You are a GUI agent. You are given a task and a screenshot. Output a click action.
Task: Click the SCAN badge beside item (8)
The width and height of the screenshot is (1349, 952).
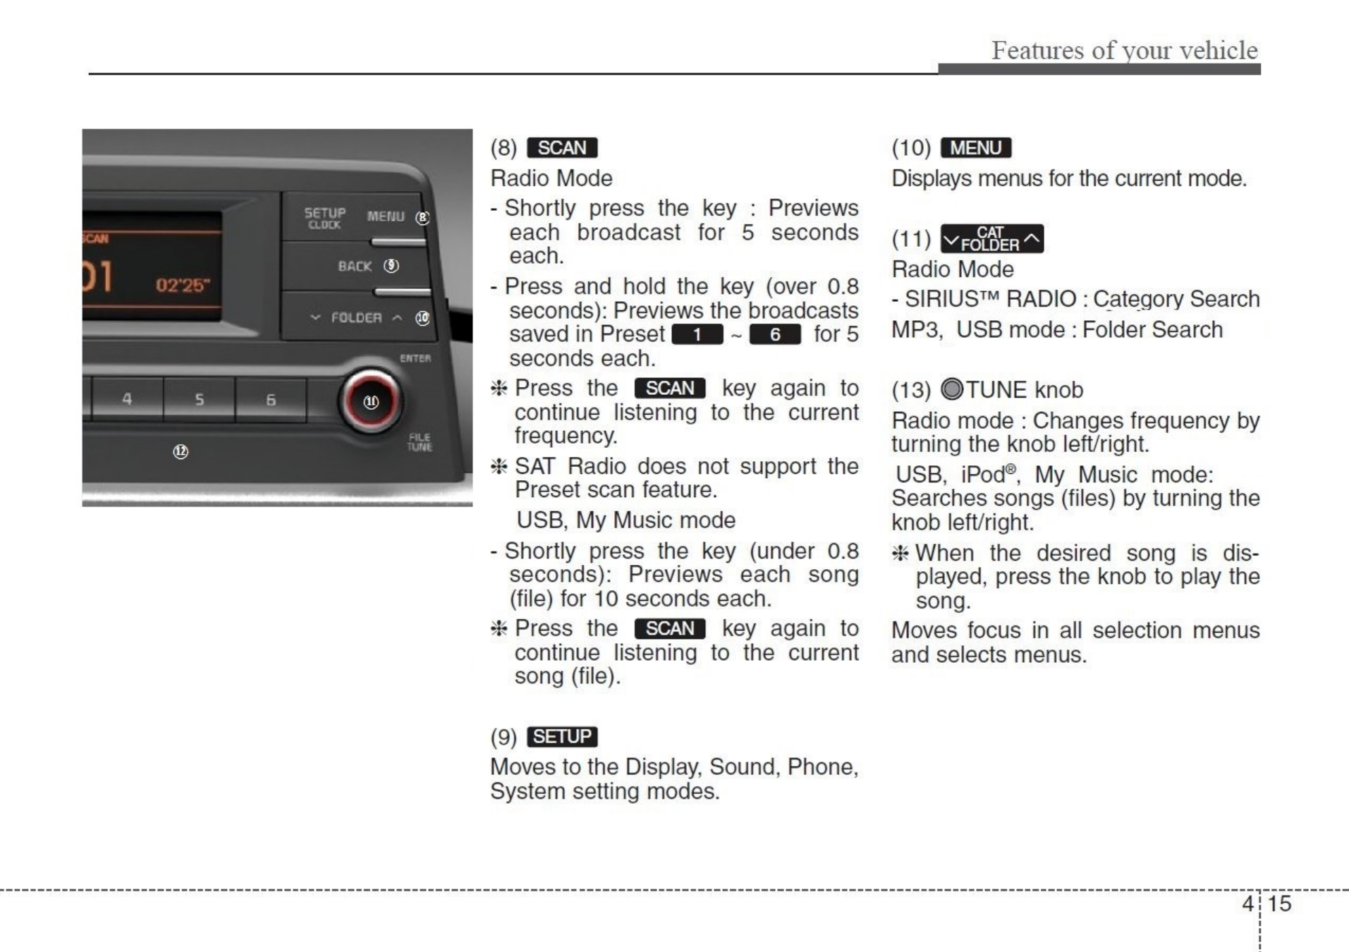tap(562, 148)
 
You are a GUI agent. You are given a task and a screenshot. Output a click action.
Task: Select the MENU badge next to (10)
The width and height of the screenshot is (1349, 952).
tap(976, 148)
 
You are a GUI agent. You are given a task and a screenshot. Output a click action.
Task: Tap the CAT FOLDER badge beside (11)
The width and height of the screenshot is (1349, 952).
tap(991, 239)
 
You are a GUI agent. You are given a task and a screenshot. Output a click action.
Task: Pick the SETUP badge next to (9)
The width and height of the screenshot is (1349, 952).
tap(562, 737)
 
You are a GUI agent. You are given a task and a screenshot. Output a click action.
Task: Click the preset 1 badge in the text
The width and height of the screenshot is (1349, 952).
tap(697, 335)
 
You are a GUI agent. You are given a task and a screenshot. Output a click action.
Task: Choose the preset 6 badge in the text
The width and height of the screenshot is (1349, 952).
tap(774, 335)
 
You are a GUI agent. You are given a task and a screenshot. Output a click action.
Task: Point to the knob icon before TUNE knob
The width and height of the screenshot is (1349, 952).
tap(952, 389)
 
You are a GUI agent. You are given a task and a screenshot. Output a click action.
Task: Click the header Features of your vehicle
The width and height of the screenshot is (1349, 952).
tap(1124, 50)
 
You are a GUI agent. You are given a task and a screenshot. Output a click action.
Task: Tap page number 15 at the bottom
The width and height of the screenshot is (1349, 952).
tap(1279, 903)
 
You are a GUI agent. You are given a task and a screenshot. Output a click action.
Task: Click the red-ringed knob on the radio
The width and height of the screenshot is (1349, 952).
tap(371, 401)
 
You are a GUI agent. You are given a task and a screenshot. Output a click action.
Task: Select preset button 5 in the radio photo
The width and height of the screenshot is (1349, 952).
tap(200, 400)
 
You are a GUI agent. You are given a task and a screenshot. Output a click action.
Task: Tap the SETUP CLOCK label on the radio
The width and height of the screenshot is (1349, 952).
tap(325, 218)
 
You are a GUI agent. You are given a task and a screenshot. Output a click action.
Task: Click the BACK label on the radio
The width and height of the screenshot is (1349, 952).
tap(355, 267)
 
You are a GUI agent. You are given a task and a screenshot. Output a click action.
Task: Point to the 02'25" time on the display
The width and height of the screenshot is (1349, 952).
tap(183, 286)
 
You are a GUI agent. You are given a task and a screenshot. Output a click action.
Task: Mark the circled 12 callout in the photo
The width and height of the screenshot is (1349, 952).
tap(181, 451)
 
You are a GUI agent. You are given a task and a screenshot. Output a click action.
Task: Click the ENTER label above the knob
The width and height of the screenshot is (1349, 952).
tap(415, 358)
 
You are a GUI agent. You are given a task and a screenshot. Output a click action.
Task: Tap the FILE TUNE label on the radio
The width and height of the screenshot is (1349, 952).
tap(420, 442)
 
